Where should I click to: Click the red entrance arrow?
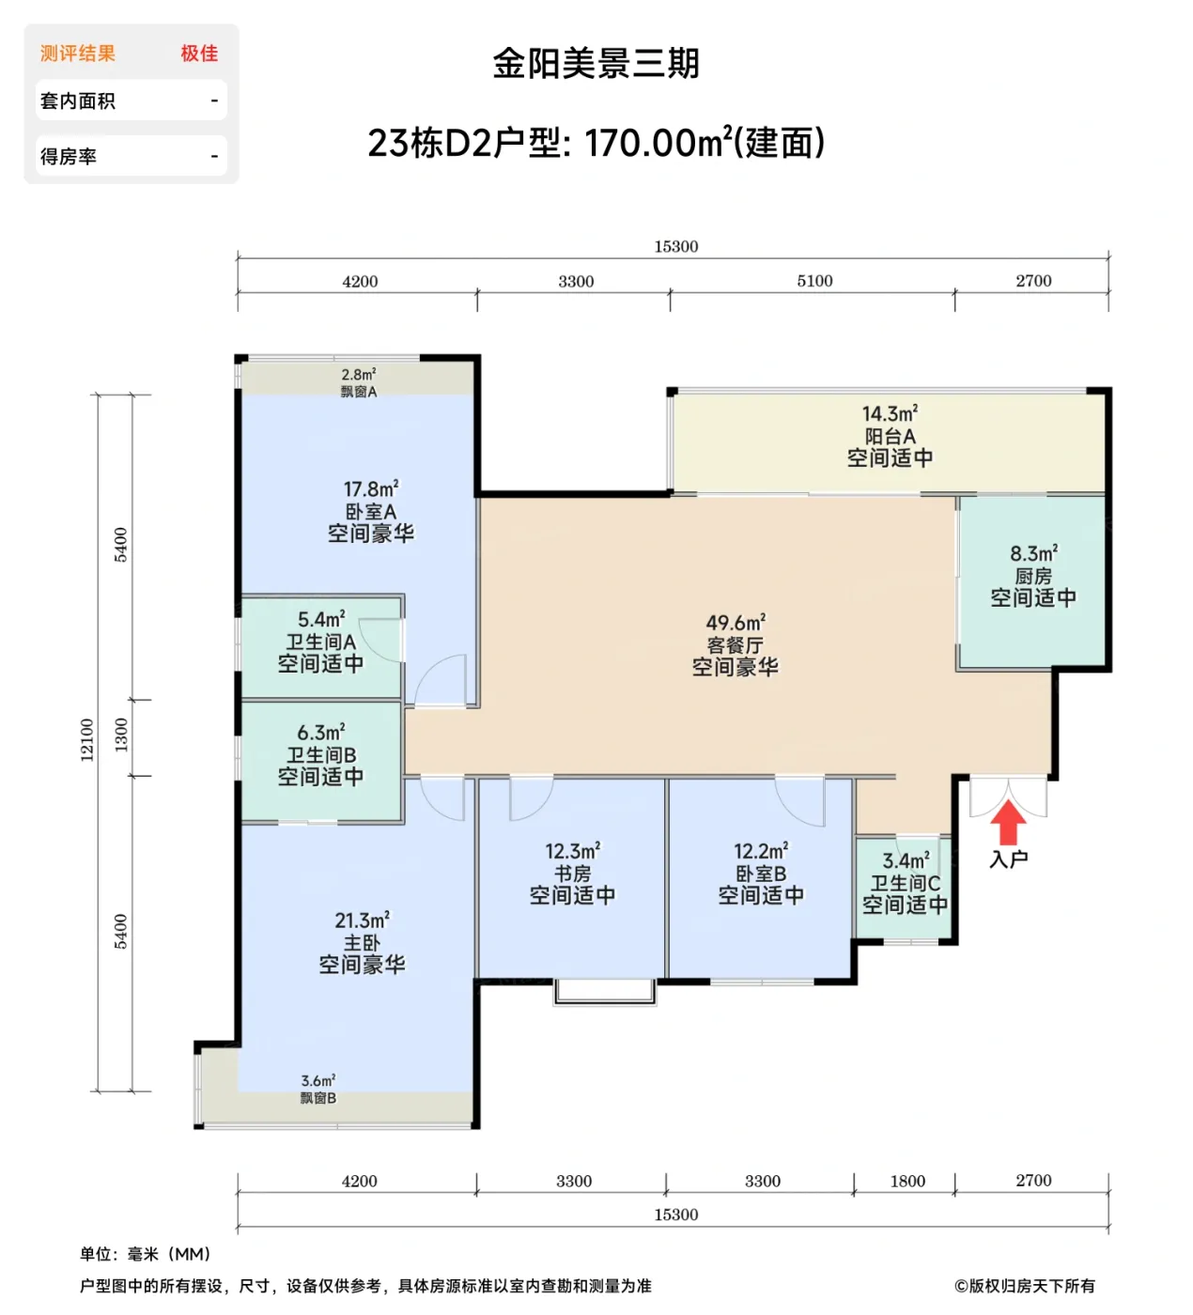click(1009, 824)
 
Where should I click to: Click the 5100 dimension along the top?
click(814, 281)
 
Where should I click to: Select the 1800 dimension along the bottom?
click(907, 1181)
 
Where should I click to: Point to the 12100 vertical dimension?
click(87, 739)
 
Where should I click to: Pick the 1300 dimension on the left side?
click(121, 735)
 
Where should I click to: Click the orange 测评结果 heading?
click(78, 54)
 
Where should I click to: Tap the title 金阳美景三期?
click(596, 64)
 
